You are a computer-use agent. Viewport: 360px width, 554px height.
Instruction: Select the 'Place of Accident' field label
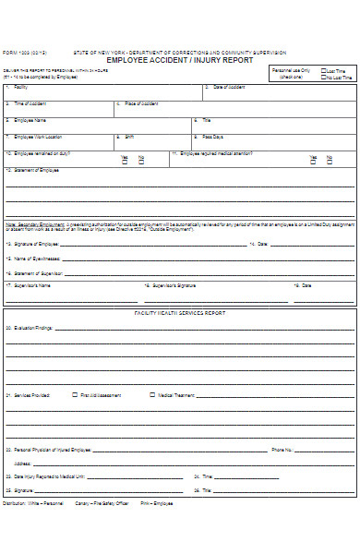(141, 103)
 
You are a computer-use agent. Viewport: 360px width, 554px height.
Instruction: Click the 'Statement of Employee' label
(31, 171)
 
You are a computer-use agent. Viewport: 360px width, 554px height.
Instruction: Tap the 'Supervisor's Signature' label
(174, 286)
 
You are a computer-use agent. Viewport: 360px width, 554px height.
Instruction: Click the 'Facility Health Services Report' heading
(179, 314)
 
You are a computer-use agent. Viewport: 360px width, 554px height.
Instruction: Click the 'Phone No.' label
(281, 451)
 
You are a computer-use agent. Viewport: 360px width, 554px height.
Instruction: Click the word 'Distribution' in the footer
(14, 503)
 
